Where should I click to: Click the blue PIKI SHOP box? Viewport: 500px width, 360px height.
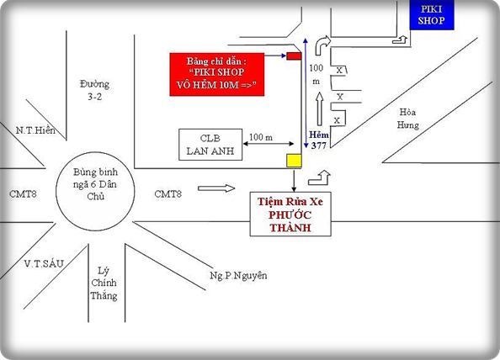point(432,15)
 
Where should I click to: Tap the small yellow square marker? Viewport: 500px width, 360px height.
point(294,161)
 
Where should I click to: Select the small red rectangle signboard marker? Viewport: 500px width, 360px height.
point(294,56)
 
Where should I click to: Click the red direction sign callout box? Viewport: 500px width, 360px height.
point(217,74)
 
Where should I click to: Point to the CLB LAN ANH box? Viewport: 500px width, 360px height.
point(210,145)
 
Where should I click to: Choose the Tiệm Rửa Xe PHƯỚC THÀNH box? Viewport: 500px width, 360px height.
point(290,214)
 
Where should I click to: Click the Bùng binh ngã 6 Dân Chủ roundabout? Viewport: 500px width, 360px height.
point(95,191)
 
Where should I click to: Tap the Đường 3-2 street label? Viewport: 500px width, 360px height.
point(95,90)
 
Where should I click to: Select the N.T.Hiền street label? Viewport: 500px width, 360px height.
point(35,130)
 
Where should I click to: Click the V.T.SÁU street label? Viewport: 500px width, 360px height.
point(44,263)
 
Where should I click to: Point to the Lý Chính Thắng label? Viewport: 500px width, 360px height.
point(104,283)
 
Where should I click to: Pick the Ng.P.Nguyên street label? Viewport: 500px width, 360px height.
point(238,275)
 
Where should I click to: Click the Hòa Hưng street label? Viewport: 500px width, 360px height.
point(408,119)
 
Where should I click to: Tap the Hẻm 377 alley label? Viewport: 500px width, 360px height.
point(318,140)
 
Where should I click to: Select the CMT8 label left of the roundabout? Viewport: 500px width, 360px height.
point(23,193)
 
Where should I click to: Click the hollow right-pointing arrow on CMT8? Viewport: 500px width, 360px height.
point(216,188)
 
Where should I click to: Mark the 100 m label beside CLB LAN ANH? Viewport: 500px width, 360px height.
point(261,137)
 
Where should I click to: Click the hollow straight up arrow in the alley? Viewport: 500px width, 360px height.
point(319,109)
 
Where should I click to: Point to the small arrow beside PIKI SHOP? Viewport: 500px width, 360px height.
point(400,40)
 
